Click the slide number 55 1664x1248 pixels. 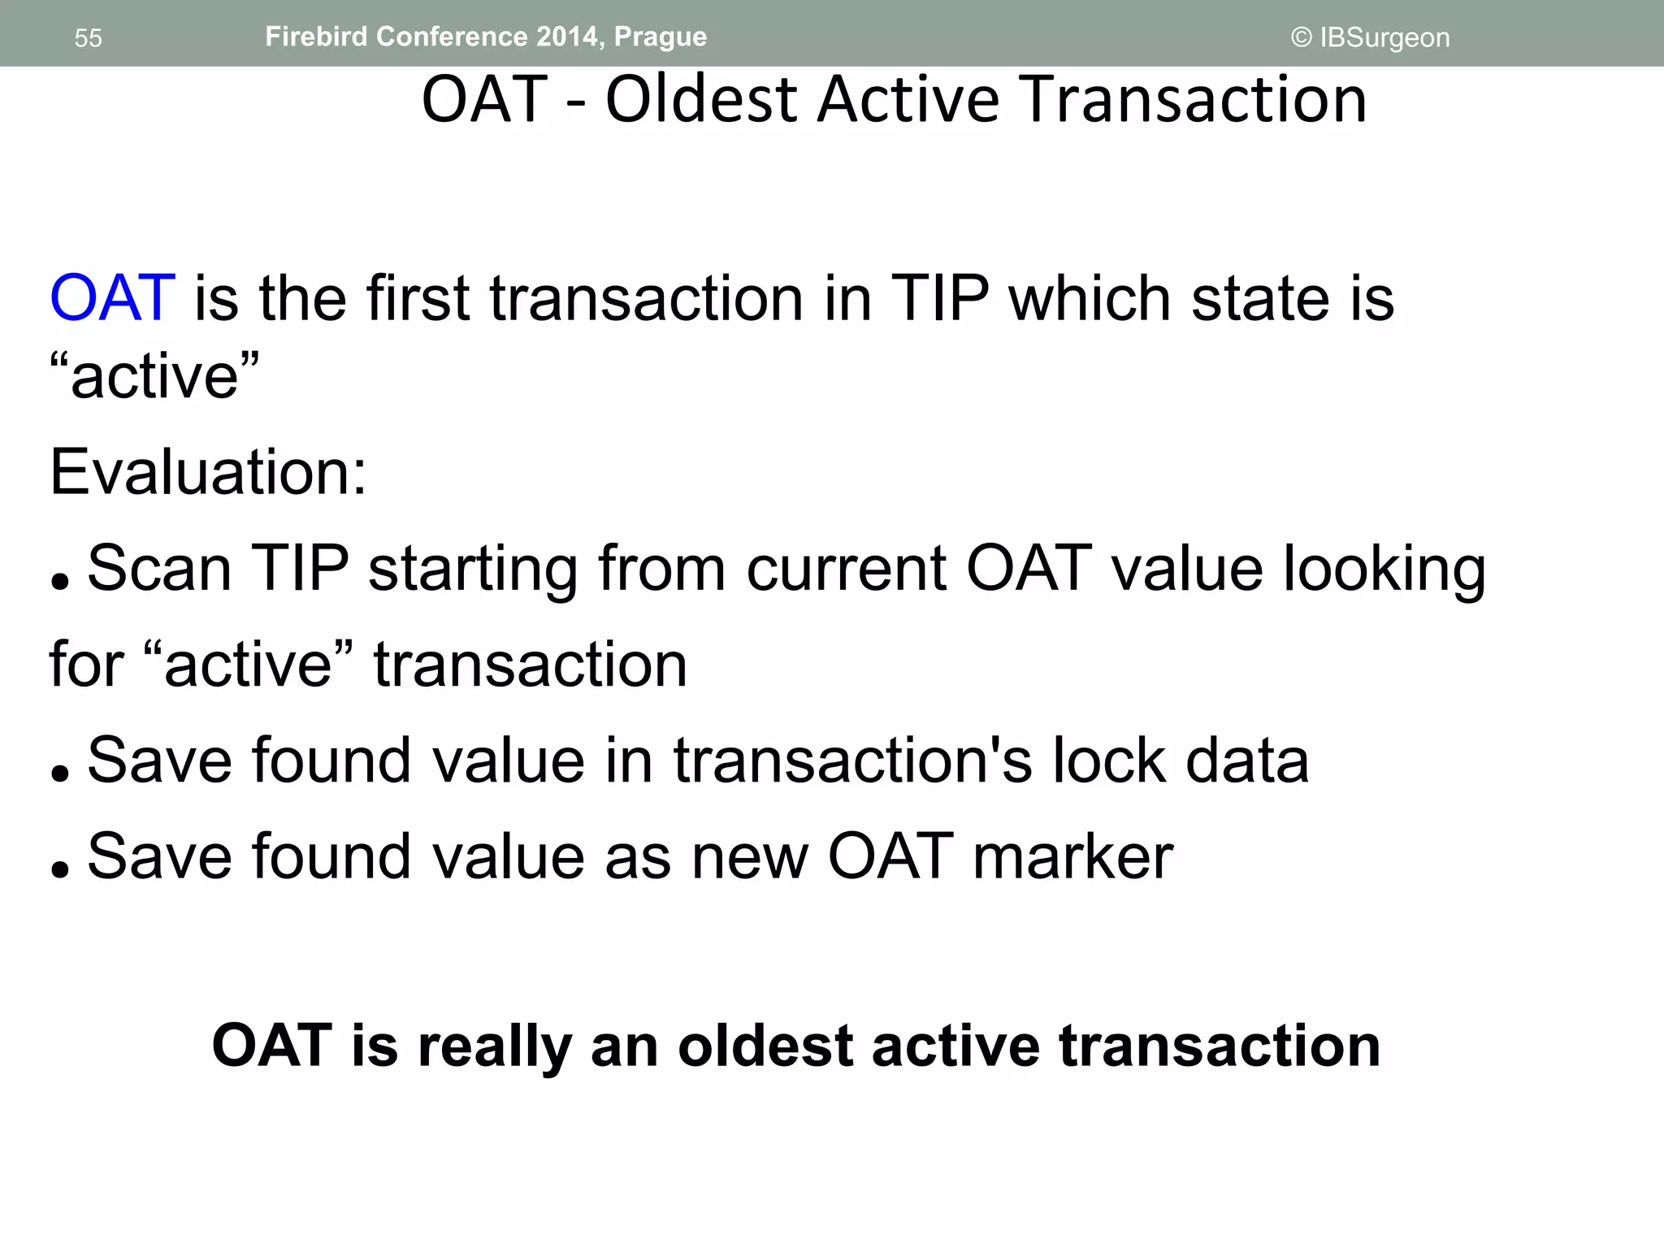point(88,38)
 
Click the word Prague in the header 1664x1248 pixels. point(660,37)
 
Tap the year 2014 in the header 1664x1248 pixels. point(566,37)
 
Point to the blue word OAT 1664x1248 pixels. point(112,298)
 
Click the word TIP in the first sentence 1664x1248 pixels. point(940,298)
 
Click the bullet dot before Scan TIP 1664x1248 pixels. point(59,581)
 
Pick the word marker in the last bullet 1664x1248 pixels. point(1072,856)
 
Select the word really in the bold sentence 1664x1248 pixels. point(496,1046)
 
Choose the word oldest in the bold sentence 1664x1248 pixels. point(765,1046)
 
